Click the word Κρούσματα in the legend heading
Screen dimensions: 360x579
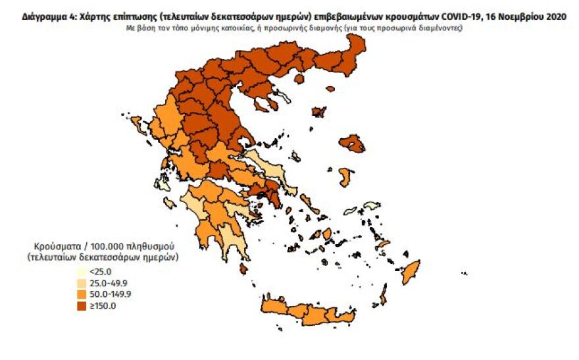click(50, 245)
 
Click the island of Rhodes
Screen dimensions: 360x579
click(411, 270)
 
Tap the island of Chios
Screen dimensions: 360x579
click(345, 176)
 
